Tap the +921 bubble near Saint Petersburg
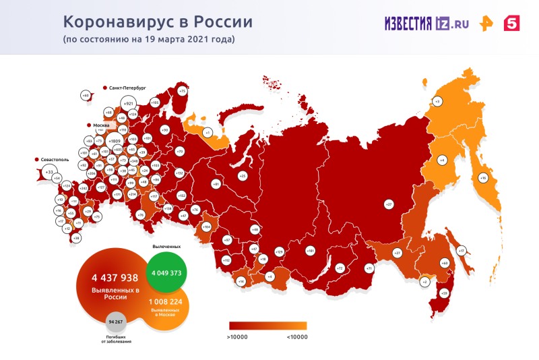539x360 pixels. [129, 104]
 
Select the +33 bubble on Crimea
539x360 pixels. [49, 173]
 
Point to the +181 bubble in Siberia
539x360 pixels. [311, 251]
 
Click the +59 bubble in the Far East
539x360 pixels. [444, 293]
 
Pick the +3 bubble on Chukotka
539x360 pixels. [437, 101]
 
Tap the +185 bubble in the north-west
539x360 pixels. [154, 102]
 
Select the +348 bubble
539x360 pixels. [134, 161]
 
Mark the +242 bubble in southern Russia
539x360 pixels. [83, 189]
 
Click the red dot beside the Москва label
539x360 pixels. [90, 126]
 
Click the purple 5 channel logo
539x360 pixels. [512, 23]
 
